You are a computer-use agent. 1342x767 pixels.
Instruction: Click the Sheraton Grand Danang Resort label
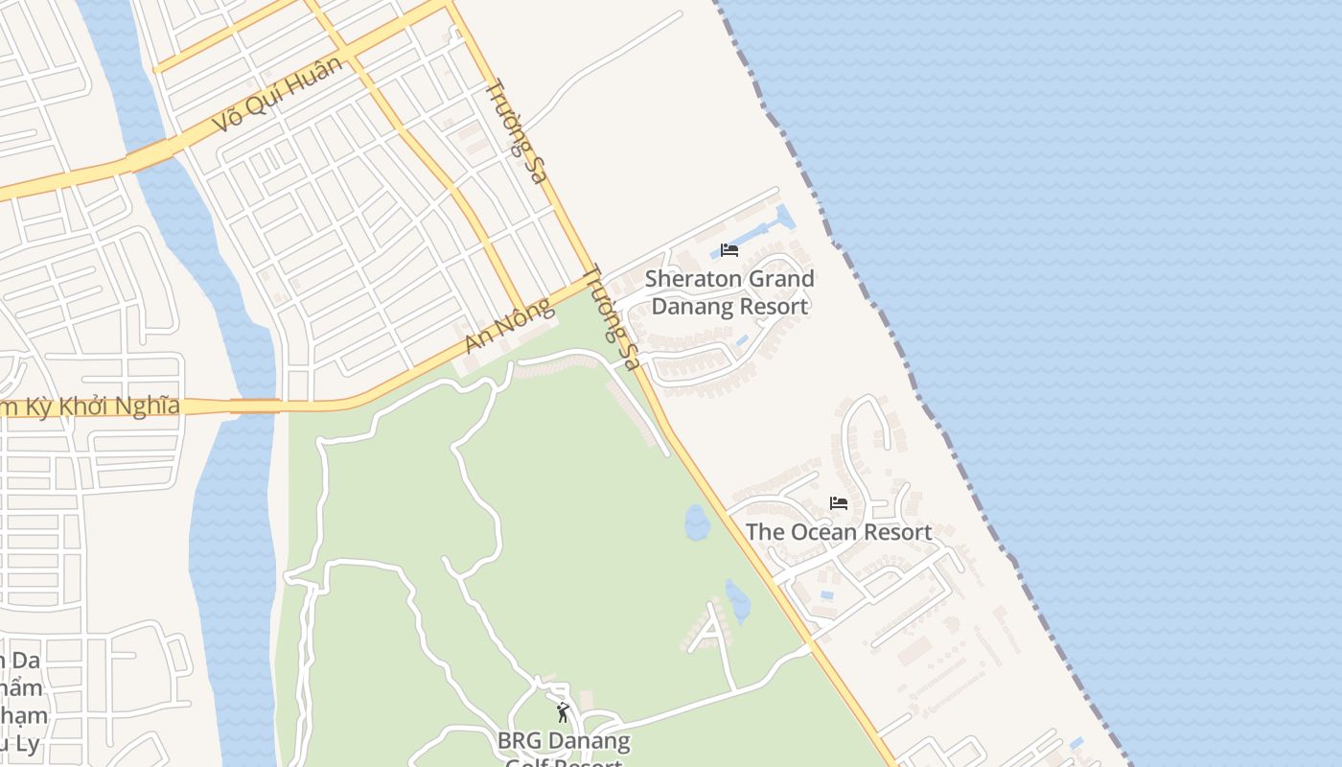(729, 292)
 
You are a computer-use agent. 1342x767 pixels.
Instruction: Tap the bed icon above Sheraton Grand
(729, 250)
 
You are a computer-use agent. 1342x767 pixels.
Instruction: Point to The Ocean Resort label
(839, 532)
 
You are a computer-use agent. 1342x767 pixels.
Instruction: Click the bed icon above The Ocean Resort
(839, 503)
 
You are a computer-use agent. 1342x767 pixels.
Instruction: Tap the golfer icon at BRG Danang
(563, 713)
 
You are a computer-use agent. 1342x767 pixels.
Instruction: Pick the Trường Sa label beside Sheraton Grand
(611, 317)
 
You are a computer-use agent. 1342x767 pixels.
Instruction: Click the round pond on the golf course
(697, 523)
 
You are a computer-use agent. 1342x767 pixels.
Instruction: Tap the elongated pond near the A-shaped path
(737, 601)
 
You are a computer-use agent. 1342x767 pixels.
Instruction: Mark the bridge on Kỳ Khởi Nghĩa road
(255, 407)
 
